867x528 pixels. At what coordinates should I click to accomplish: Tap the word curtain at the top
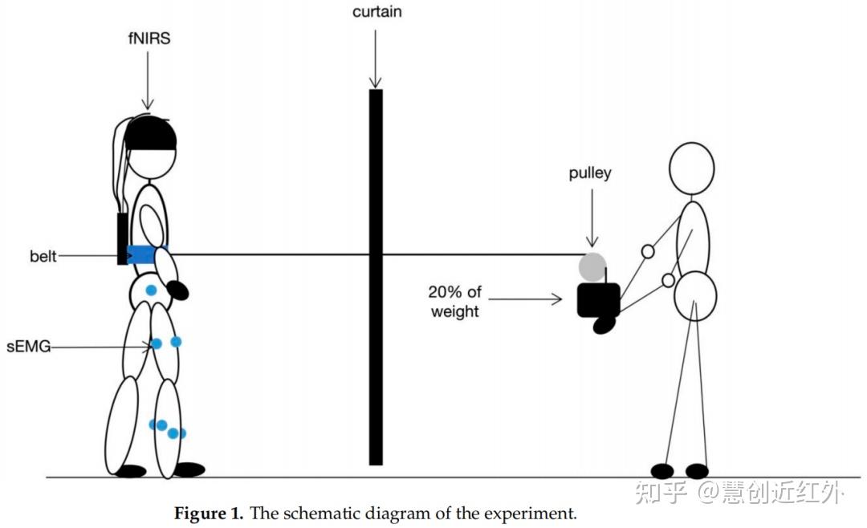(376, 11)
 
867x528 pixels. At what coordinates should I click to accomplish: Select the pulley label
(590, 173)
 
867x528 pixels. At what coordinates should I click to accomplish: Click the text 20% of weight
(454, 302)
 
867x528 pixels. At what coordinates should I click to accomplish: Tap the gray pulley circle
(593, 266)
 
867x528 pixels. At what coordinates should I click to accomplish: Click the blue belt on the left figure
(142, 255)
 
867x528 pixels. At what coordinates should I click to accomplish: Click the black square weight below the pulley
(598, 299)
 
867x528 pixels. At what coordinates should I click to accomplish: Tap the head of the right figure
(692, 169)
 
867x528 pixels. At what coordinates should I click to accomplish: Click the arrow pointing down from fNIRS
(147, 80)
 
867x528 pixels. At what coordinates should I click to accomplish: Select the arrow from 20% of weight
(526, 300)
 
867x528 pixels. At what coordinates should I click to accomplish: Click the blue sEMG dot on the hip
(151, 290)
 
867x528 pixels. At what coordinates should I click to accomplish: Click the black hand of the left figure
(177, 290)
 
